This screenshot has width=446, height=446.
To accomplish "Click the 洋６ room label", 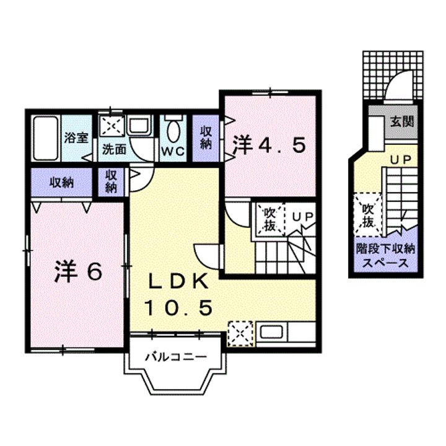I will [77, 273].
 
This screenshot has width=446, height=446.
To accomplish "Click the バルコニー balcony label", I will [175, 357].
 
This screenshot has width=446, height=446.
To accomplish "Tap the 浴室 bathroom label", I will [77, 137].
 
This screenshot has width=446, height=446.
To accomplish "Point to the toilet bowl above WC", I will [174, 131].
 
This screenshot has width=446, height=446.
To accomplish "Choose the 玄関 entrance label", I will [401, 121].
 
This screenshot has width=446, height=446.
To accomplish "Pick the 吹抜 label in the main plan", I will [269, 217].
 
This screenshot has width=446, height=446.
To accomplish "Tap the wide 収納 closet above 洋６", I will [62, 182].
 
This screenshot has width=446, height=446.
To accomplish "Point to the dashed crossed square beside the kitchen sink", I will [240, 333].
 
